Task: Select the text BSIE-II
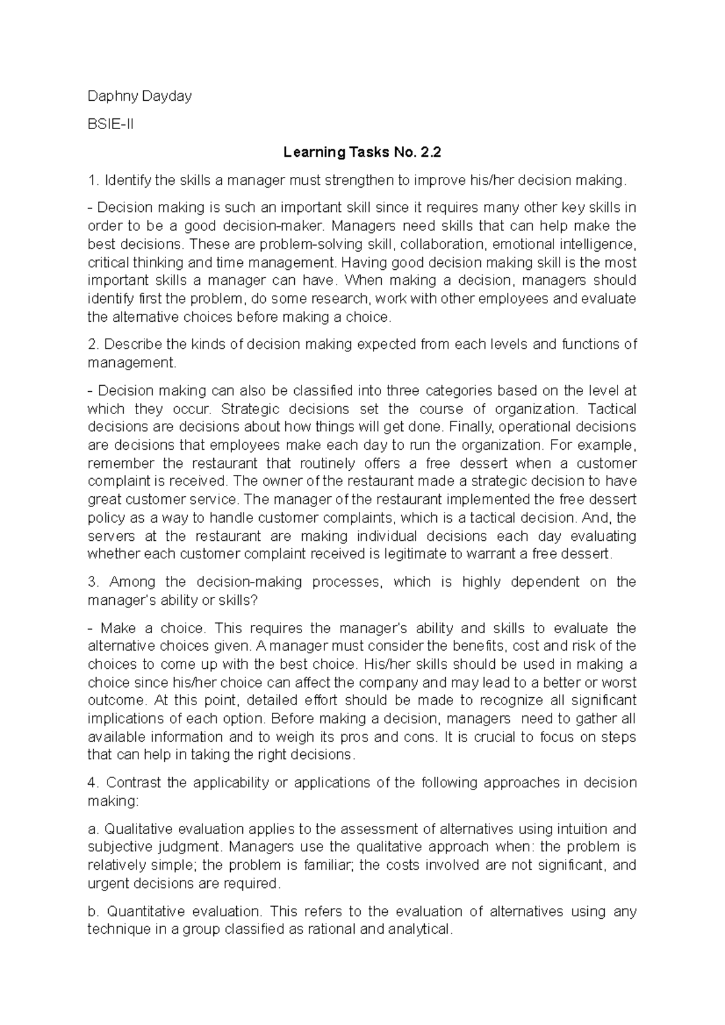tap(110, 124)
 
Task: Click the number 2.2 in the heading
tap(428, 153)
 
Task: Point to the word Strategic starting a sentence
tap(250, 409)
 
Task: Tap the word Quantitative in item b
tap(140, 911)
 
